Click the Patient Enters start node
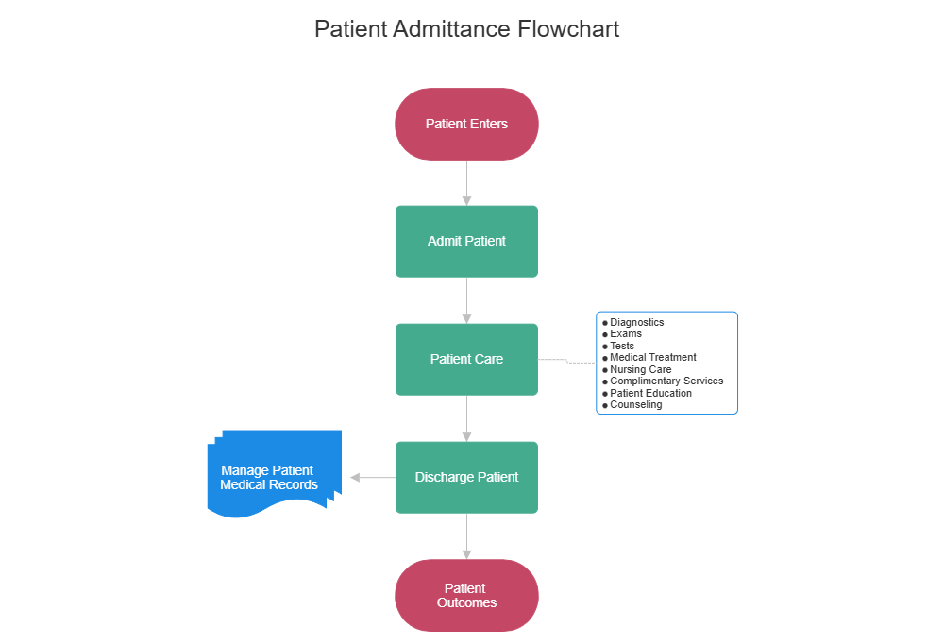coord(466,124)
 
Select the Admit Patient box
coord(466,241)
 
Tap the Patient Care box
coord(466,359)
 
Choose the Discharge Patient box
coord(466,477)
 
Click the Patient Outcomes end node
coord(466,595)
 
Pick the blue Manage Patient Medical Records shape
coord(270,476)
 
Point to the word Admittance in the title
coord(451,28)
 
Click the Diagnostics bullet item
coord(636,322)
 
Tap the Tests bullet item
coord(622,346)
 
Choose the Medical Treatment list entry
coord(652,357)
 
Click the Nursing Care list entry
coord(640,369)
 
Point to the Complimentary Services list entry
coord(666,381)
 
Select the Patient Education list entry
coord(650,393)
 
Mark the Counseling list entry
coord(635,404)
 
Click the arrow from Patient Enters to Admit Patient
coord(466,182)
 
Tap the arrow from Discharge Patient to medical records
coord(373,478)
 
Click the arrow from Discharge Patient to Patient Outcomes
coord(466,536)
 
